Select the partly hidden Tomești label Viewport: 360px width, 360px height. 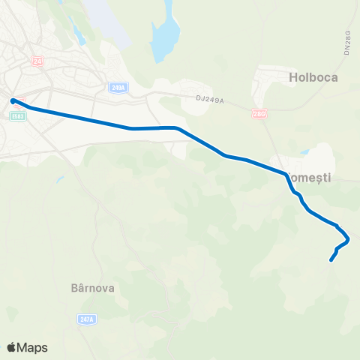(311, 177)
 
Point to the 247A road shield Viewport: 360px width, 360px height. (86, 319)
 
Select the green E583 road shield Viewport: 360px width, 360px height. (19, 115)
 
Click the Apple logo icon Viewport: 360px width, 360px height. (12, 347)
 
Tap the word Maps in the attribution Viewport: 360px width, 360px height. (33, 347)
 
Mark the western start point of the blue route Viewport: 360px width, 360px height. (13, 100)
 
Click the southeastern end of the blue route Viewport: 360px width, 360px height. (331, 261)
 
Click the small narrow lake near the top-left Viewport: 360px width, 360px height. (77, 31)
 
